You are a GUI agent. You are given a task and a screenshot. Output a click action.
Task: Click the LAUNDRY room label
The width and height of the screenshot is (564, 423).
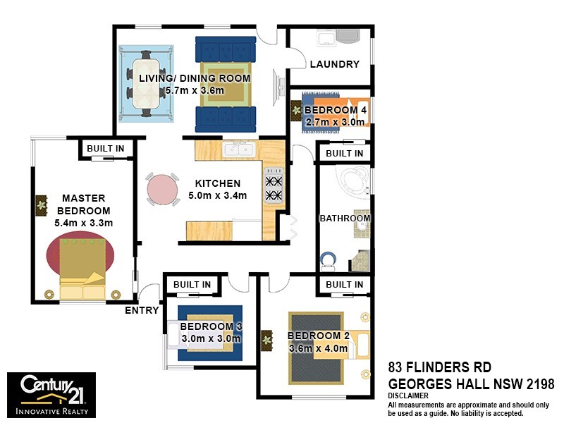click(335, 64)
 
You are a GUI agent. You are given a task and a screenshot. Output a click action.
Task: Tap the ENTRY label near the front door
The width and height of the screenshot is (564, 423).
click(141, 310)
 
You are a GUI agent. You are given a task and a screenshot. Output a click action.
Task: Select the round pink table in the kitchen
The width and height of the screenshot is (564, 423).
click(163, 189)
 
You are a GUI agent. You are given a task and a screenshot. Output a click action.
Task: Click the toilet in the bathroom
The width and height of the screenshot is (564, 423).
click(328, 262)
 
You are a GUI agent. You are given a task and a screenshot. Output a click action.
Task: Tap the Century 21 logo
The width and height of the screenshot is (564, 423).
click(51, 395)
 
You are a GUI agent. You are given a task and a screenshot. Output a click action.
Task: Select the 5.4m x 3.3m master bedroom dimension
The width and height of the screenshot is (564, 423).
click(84, 223)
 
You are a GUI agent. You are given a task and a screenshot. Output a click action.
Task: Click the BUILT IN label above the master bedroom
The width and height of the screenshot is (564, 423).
click(106, 148)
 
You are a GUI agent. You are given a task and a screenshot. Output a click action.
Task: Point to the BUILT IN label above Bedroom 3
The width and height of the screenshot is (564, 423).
click(192, 284)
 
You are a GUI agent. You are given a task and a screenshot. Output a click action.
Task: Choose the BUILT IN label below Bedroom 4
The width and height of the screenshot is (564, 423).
click(344, 153)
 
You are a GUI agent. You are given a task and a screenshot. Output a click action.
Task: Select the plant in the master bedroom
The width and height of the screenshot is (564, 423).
click(41, 205)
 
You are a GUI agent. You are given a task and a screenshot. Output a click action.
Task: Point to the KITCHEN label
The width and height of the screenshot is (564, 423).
click(218, 183)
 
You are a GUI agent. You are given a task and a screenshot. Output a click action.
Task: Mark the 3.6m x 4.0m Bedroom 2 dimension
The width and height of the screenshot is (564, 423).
click(318, 348)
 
